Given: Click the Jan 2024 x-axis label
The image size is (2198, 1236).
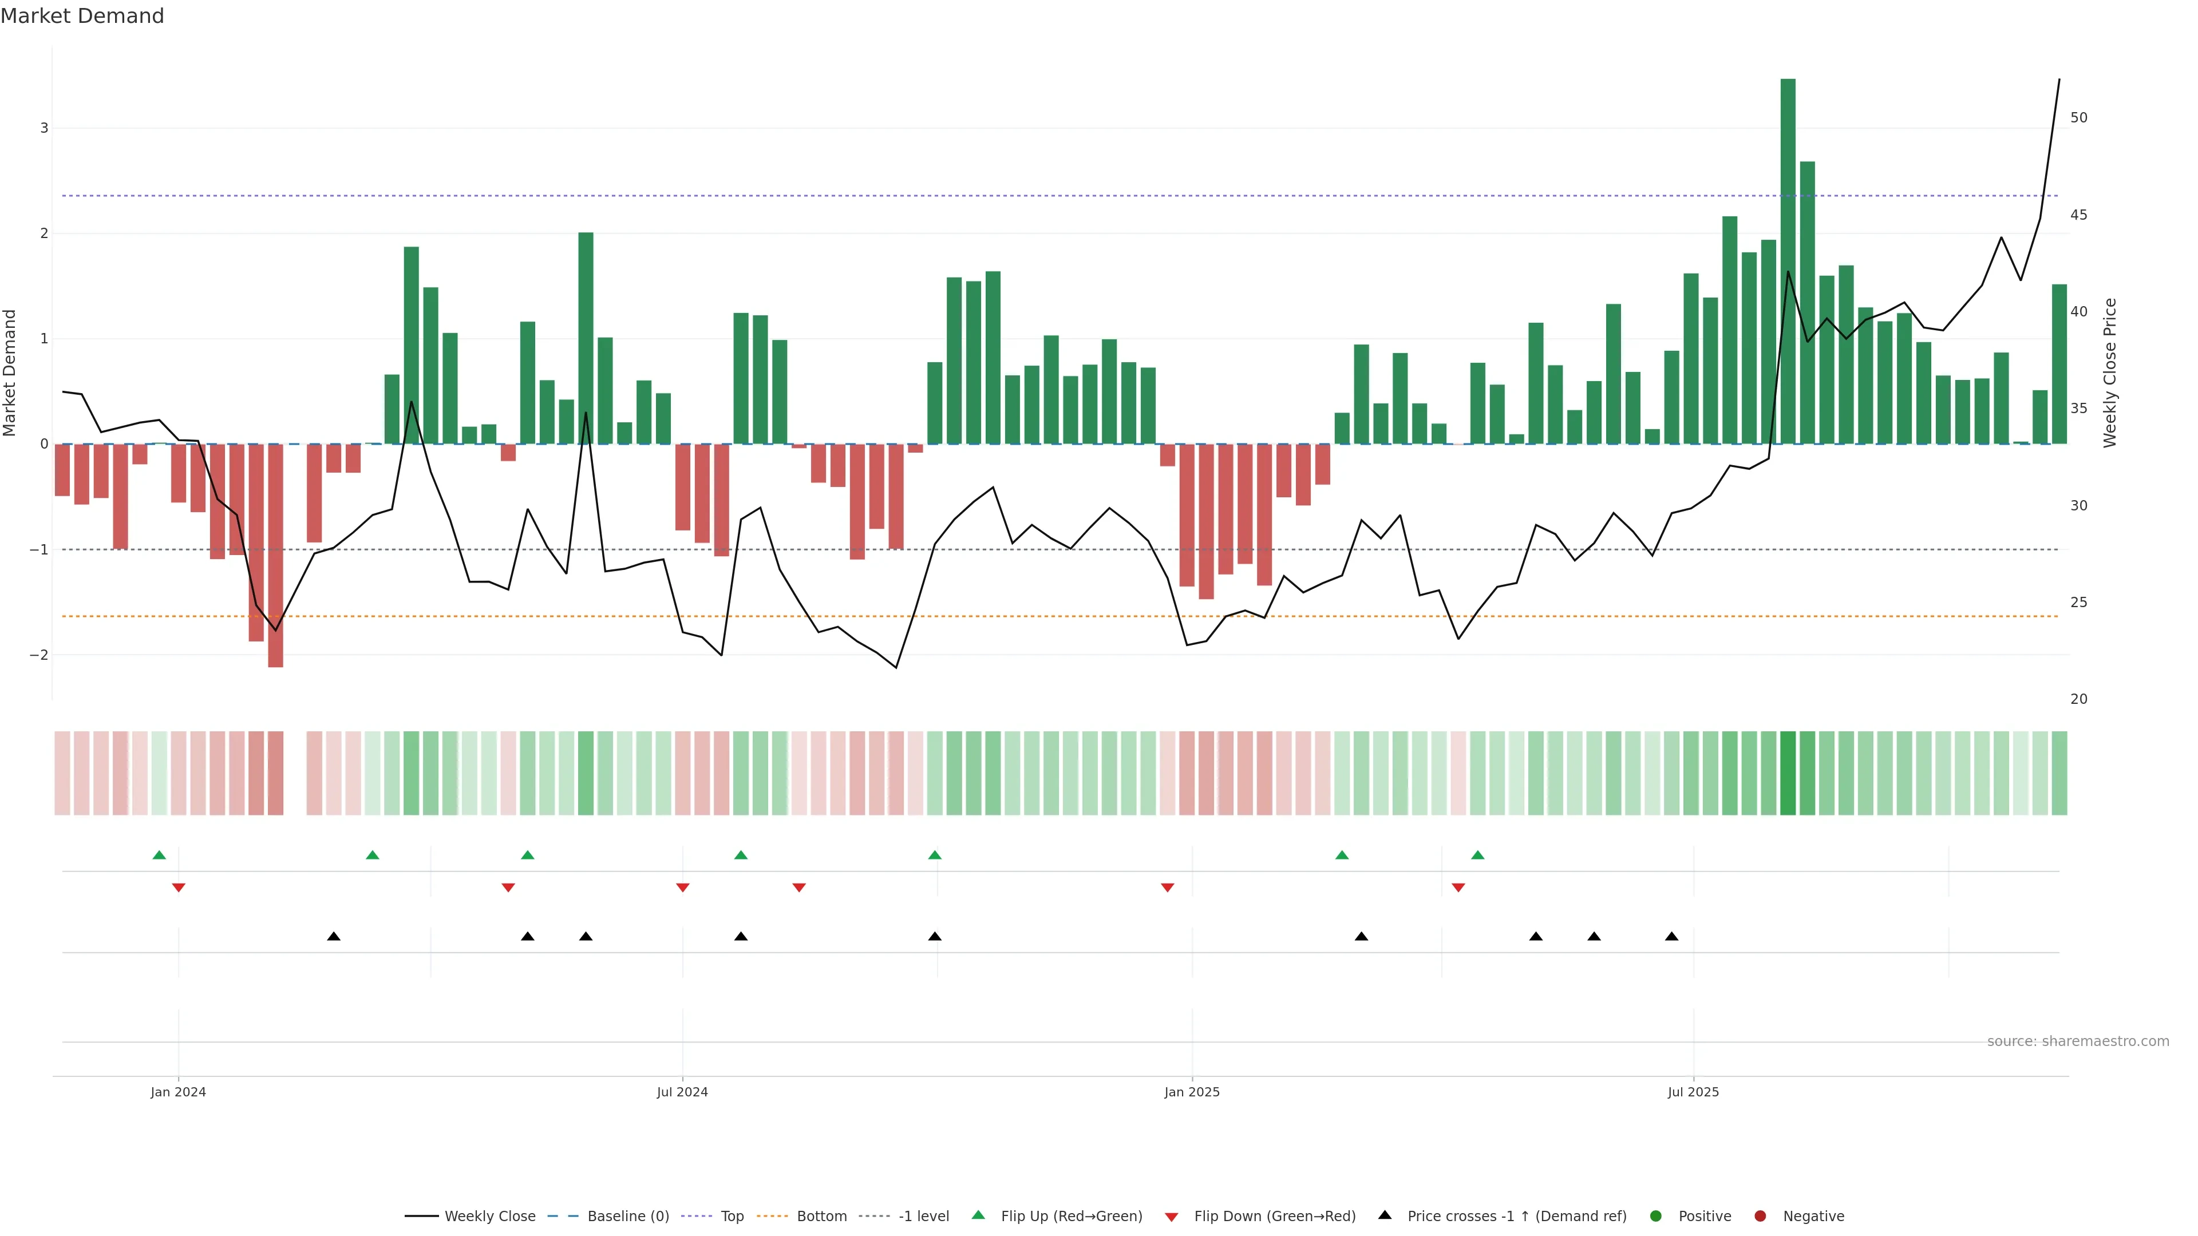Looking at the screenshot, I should (x=179, y=1092).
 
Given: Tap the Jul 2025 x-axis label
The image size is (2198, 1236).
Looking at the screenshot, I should (x=1693, y=1092).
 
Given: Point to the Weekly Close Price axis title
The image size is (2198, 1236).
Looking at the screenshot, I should (x=2110, y=373).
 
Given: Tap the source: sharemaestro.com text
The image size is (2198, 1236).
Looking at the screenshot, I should (x=2078, y=1041).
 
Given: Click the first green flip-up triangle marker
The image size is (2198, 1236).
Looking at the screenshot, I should (x=159, y=855).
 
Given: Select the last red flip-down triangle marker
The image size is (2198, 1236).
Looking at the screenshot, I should (x=1458, y=888).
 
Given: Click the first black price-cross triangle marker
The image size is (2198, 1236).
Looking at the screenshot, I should (x=334, y=937).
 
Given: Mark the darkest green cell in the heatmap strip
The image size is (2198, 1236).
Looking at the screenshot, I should (x=1788, y=773).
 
